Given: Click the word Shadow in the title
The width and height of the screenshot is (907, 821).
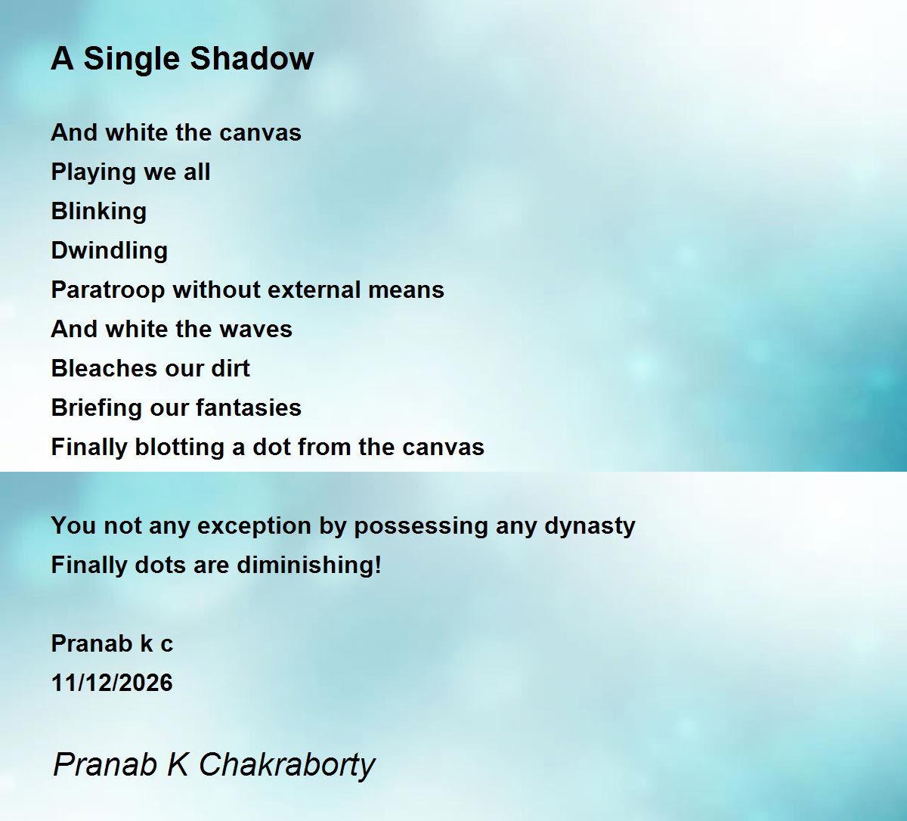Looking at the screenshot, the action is (x=252, y=58).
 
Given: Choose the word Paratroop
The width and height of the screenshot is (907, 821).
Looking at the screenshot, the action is (x=108, y=291).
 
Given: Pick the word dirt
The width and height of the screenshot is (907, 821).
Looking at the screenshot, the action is (x=230, y=368).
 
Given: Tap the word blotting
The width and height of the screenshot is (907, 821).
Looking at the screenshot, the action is (x=179, y=448).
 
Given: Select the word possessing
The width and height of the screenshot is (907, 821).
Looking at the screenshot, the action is (x=421, y=527).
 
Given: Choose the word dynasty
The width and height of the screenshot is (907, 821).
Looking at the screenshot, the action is (x=590, y=527).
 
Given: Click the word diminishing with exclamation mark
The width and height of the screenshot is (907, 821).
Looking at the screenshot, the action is (x=309, y=566).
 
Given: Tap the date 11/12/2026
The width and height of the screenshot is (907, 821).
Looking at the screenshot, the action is (x=112, y=683).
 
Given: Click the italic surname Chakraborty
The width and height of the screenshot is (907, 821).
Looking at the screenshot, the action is (x=287, y=766).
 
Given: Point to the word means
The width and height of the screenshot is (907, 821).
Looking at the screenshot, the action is (x=406, y=291).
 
